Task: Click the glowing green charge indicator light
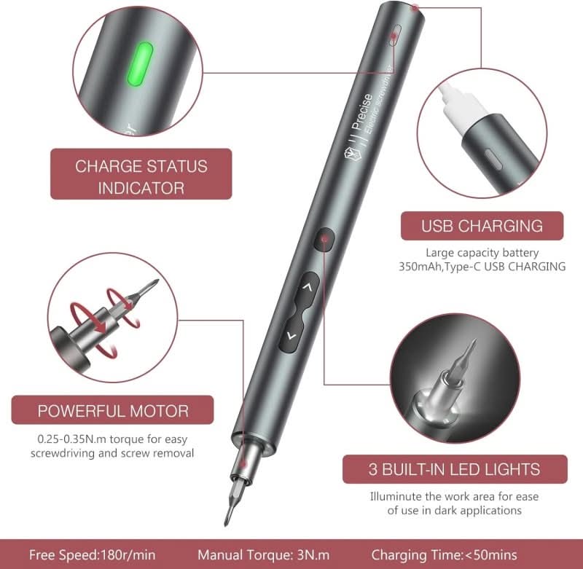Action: [x=140, y=65]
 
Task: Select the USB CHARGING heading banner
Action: [x=482, y=226]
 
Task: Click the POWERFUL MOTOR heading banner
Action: [x=113, y=410]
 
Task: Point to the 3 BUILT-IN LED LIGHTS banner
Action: [x=455, y=469]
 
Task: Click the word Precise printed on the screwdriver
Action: [x=361, y=111]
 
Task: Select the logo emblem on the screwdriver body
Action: [x=351, y=154]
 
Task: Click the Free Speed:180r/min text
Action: [x=93, y=555]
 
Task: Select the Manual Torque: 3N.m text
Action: [x=264, y=555]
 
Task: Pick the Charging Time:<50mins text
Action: [x=444, y=555]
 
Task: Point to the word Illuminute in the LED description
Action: [x=395, y=497]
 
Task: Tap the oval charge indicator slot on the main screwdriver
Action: [x=395, y=36]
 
